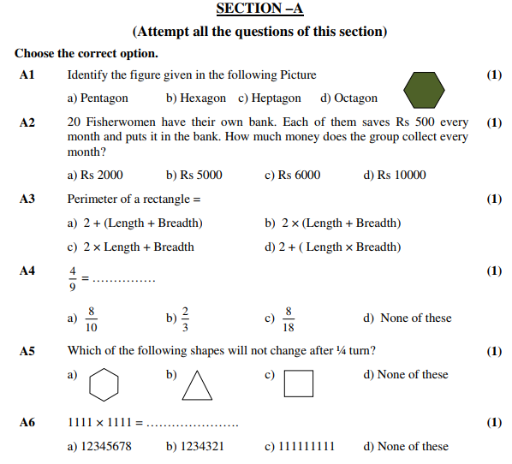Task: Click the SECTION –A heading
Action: [259, 9]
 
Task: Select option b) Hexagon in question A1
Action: [196, 98]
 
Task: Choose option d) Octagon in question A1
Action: [348, 98]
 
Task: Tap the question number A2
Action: [27, 122]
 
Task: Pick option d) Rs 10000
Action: [395, 175]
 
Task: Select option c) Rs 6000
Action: [293, 175]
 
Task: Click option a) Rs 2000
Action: [95, 175]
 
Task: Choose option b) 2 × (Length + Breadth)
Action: [333, 223]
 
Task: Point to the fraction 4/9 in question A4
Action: [74, 278]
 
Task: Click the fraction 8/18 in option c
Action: [289, 318]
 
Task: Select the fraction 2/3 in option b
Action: [185, 318]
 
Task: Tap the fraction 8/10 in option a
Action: [91, 318]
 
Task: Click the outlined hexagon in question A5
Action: [104, 384]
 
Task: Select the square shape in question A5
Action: [299, 384]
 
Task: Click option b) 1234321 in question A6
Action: [195, 446]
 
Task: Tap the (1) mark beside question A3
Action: [494, 199]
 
